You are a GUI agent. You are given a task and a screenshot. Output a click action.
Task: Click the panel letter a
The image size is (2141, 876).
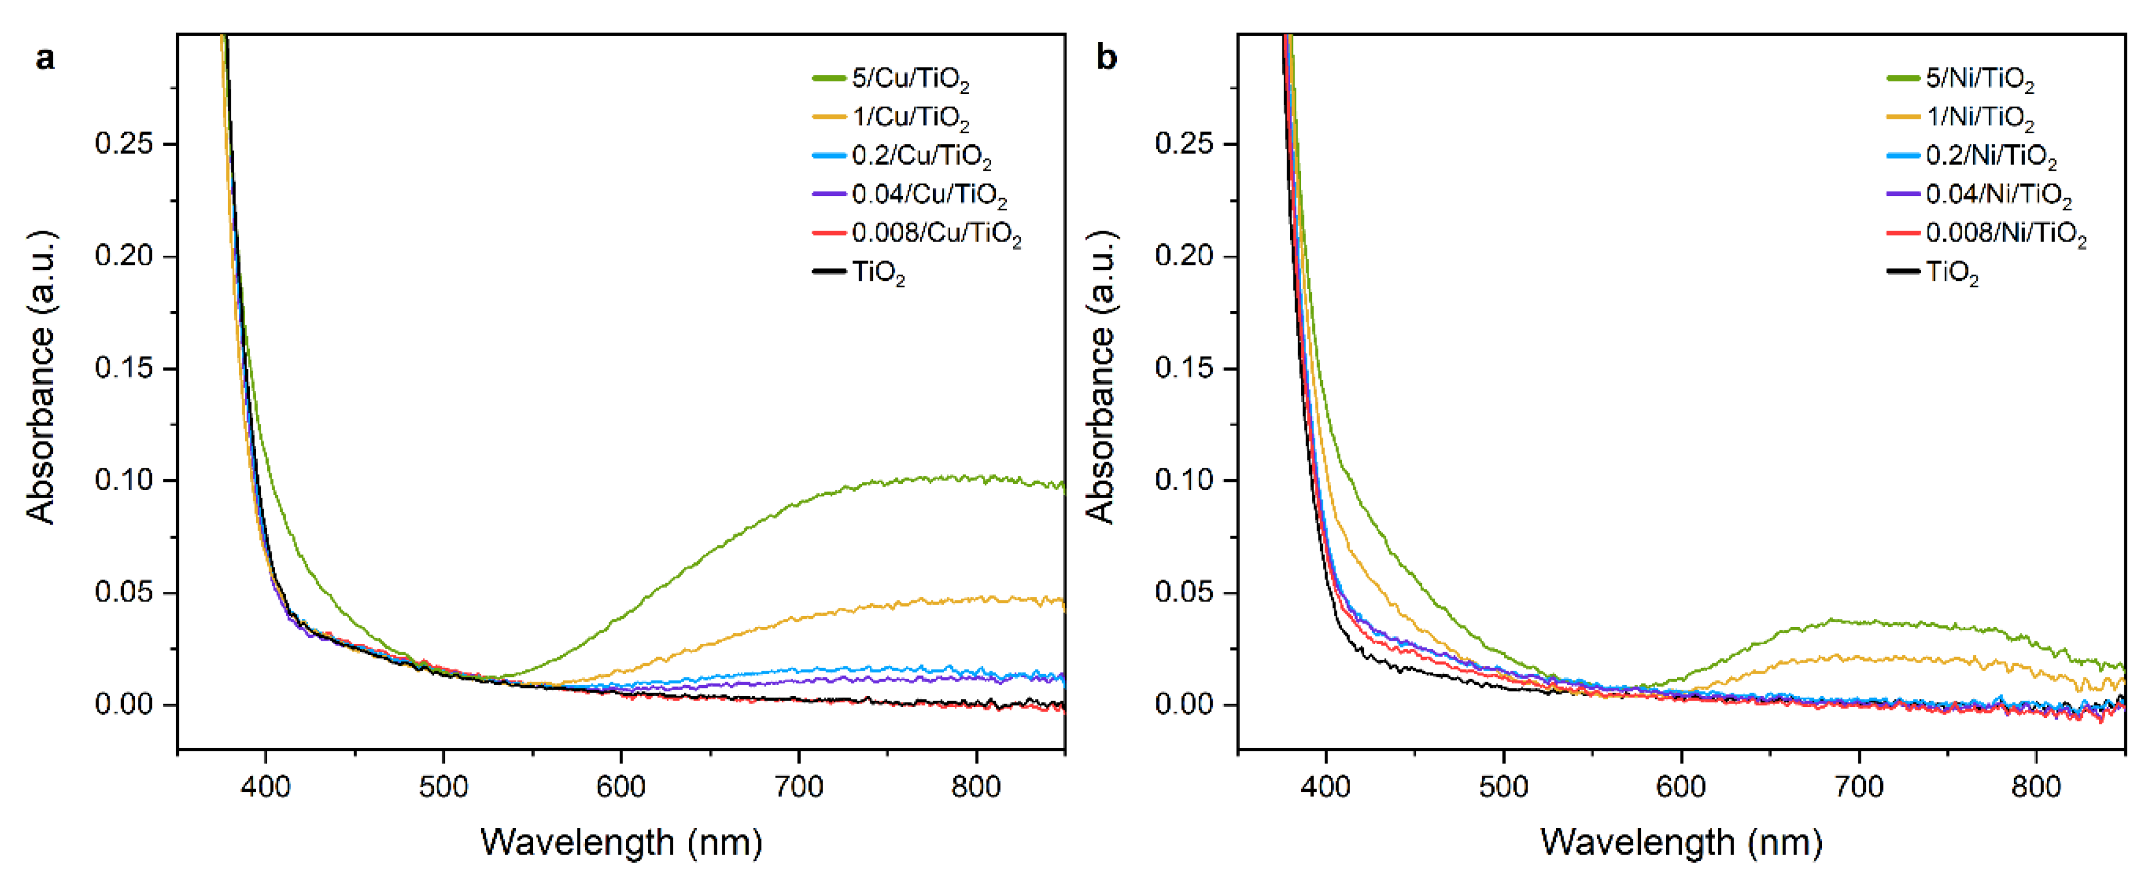45,59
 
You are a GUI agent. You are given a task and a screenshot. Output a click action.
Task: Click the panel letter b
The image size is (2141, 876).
1106,59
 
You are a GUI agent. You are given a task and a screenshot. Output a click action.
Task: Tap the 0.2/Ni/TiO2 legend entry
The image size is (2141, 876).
1990,156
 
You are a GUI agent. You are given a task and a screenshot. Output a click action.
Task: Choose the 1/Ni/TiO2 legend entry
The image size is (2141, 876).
1980,117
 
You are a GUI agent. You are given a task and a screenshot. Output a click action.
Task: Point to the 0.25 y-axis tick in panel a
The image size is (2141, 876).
124,144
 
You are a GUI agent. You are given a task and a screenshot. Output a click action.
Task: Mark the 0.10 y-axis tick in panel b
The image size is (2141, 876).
1184,480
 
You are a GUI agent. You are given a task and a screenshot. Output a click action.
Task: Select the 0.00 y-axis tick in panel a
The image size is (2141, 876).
124,705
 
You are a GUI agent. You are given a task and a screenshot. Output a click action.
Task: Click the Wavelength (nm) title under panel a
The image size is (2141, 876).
621,842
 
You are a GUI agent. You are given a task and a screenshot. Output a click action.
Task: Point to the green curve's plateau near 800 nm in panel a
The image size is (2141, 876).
977,479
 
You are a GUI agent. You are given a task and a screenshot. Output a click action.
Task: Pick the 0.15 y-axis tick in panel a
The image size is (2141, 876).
124,368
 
